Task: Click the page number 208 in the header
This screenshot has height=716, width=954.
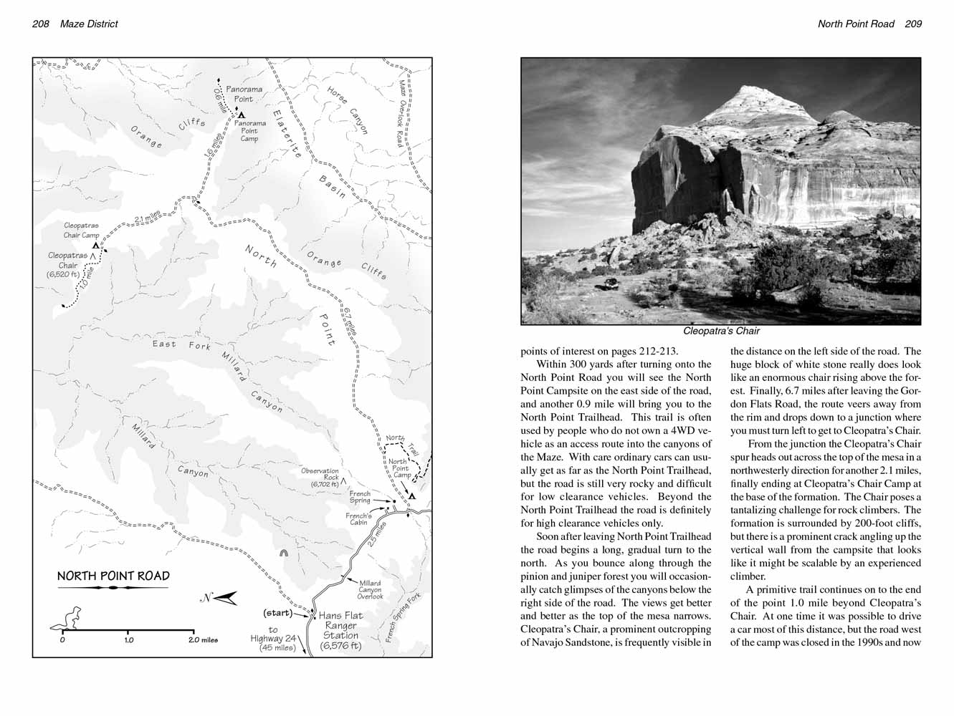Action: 40,24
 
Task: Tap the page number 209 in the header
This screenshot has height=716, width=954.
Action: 913,24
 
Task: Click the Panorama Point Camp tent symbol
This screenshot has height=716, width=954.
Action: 242,115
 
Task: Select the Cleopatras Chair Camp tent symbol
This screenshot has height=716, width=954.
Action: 95,245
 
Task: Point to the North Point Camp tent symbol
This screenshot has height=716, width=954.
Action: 412,495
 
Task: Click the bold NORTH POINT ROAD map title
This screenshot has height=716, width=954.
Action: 113,576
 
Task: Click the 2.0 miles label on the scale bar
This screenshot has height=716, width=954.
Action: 204,640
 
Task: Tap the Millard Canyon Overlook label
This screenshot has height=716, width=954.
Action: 371,590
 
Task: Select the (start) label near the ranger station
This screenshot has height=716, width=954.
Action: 277,613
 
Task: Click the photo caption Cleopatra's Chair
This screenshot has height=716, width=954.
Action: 720,332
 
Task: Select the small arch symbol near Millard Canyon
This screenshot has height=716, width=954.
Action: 284,553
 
